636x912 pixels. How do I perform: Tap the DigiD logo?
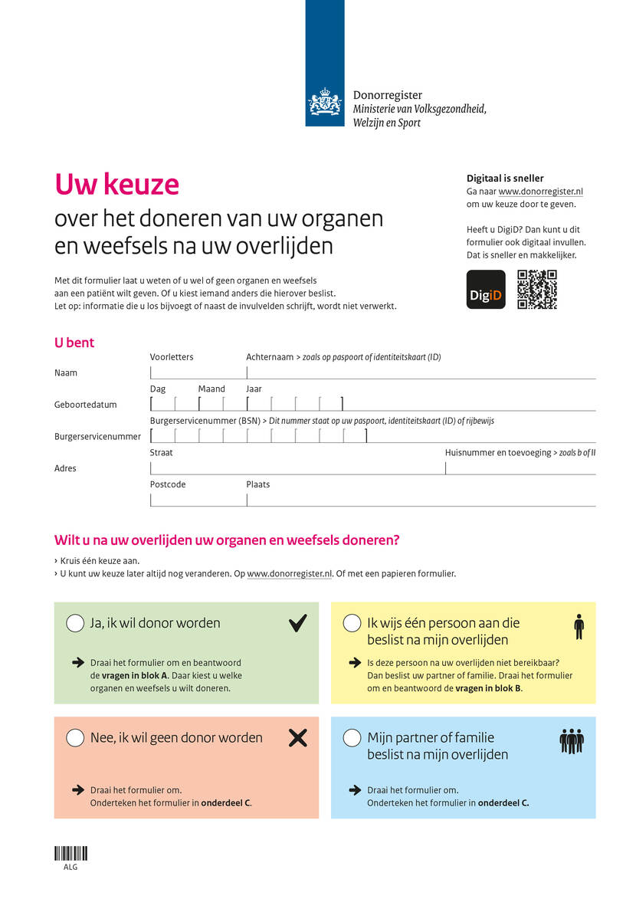[486, 290]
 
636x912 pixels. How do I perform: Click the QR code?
[537, 290]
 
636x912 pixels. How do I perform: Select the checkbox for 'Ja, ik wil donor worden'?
[75, 623]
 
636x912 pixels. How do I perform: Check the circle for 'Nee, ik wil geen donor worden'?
[75, 738]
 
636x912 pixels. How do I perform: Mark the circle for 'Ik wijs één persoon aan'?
[352, 623]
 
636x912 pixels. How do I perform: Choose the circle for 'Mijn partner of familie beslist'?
[352, 738]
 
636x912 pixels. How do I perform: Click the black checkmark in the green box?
[297, 623]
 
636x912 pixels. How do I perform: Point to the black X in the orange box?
[297, 738]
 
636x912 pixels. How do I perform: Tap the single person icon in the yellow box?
[579, 627]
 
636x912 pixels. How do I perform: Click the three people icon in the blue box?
[572, 741]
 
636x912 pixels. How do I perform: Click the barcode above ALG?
[70, 853]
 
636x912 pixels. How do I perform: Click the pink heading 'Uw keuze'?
[116, 185]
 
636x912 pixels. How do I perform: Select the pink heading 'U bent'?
[74, 343]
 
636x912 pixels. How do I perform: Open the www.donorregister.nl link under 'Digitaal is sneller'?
[541, 192]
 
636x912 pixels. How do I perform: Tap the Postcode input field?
[198, 499]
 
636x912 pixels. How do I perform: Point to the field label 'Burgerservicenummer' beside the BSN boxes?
[97, 437]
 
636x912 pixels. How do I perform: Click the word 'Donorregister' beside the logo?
[387, 96]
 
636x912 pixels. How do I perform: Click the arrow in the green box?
[77, 662]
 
